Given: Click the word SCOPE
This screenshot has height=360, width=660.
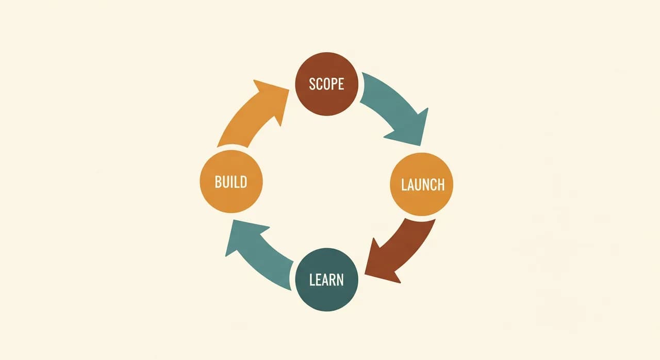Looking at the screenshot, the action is click(326, 84).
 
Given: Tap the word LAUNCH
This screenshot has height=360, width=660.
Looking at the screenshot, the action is click(423, 185).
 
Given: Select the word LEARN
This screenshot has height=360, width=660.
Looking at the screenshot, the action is click(326, 280).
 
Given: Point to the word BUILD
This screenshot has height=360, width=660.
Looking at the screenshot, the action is click(231, 182).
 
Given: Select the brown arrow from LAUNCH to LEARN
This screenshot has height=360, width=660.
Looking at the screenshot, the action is click(404, 251).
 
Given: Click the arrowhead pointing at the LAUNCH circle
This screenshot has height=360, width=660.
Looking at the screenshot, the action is click(411, 129).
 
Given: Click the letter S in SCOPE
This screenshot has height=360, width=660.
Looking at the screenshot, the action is click(312, 84).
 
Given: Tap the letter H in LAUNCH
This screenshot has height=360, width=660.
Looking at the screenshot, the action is click(441, 185).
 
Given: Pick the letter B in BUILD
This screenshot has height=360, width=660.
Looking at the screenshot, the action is click(218, 182).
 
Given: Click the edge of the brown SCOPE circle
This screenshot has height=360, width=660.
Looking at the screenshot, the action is click(295, 84).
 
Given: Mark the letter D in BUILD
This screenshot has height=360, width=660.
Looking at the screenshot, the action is click(243, 182).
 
